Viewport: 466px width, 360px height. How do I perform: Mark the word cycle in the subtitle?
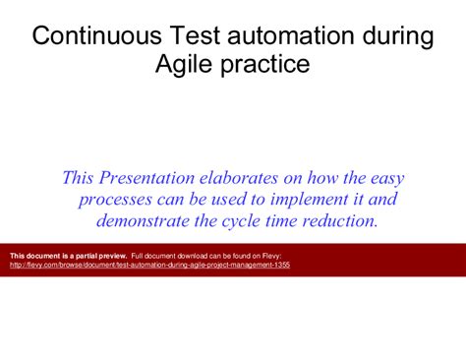[x=238, y=220]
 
